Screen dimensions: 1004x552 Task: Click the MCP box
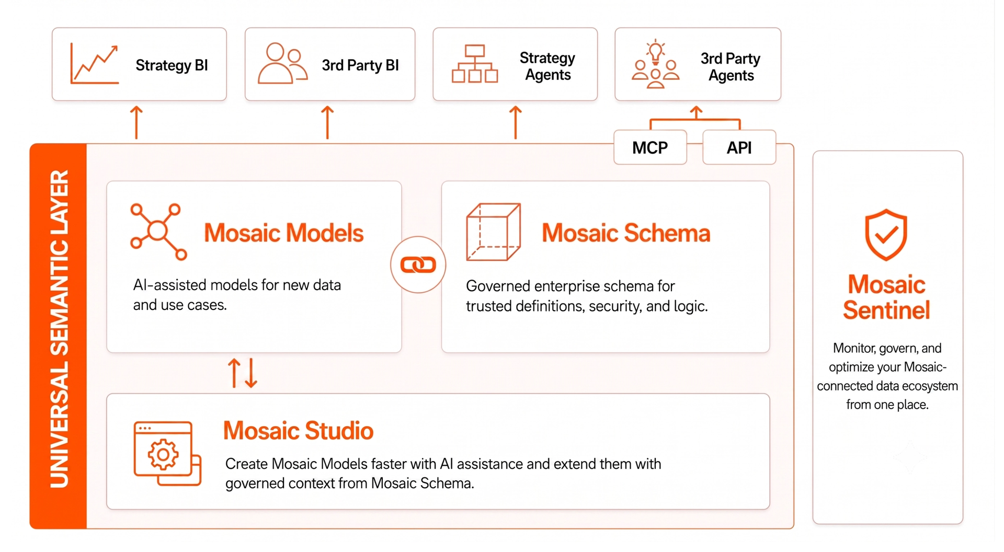point(650,147)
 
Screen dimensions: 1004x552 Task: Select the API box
point(739,147)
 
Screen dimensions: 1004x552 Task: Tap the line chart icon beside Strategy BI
point(94,64)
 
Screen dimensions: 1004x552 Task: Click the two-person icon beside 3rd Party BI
point(282,63)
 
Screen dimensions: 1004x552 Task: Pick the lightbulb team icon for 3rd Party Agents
point(655,64)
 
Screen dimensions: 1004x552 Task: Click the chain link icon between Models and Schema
point(418,264)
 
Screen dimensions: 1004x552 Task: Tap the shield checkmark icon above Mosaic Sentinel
point(886,235)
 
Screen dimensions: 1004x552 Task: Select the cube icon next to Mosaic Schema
point(493,232)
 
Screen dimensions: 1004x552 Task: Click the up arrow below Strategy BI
point(136,122)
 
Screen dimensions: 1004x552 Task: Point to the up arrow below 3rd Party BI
point(327,122)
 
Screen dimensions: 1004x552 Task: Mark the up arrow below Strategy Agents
point(516,122)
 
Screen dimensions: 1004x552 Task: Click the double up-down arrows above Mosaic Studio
point(243,373)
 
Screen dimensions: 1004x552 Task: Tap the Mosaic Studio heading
point(298,431)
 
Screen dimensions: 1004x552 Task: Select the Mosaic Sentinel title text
point(887,297)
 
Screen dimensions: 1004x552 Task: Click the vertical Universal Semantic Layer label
point(59,329)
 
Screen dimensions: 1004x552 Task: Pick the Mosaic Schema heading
point(626,233)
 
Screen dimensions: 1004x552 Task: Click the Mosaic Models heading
point(283,233)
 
